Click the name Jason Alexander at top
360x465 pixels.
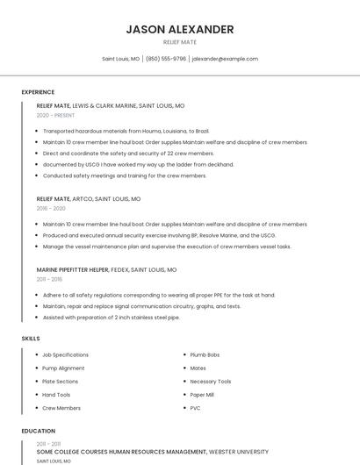coord(180,29)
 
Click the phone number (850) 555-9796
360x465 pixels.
coord(166,59)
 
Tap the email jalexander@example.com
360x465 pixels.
coord(225,59)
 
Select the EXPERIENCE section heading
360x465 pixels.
coord(38,92)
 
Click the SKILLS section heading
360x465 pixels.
coord(30,338)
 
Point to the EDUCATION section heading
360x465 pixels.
coord(38,431)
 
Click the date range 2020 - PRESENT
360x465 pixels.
coord(55,115)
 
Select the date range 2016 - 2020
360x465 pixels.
coord(51,209)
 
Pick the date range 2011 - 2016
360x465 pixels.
coord(49,279)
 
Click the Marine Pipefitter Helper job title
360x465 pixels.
coord(73,269)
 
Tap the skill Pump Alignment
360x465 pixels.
coord(63,368)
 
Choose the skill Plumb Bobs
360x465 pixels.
coord(205,354)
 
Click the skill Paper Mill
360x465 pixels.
coord(203,395)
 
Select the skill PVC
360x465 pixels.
coord(195,408)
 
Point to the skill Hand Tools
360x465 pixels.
coord(56,395)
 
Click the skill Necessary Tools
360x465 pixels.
coord(211,382)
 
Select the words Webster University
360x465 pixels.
coord(239,451)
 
